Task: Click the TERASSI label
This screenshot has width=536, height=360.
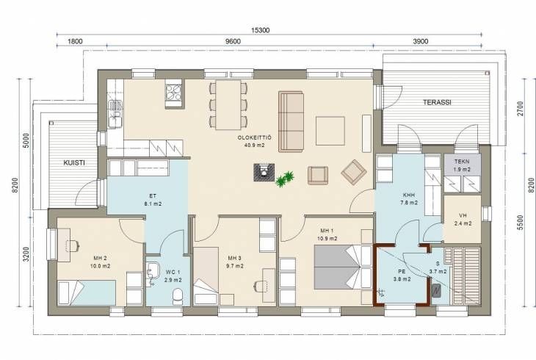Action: (437, 102)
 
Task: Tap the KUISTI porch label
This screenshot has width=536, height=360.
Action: (74, 163)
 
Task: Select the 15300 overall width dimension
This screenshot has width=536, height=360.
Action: (261, 30)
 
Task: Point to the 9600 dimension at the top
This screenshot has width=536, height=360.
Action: (233, 41)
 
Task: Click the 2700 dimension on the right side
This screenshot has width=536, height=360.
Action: (521, 109)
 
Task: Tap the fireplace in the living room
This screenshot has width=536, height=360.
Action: (264, 172)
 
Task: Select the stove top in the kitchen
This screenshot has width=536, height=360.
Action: (174, 91)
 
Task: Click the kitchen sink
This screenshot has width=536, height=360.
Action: (115, 115)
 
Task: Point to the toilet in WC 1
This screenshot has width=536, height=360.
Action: (178, 296)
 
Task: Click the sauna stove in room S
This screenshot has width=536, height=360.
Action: (437, 290)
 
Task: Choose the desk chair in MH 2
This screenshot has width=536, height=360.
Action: (73, 245)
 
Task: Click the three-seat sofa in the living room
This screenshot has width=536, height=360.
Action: (291, 121)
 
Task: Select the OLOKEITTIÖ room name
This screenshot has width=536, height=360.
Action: (254, 138)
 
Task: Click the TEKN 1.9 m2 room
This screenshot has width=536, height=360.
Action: (462, 165)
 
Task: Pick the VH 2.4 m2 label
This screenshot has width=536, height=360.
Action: (463, 220)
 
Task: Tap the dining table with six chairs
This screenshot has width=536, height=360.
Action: (228, 105)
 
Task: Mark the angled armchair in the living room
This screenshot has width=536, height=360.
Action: (354, 172)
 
